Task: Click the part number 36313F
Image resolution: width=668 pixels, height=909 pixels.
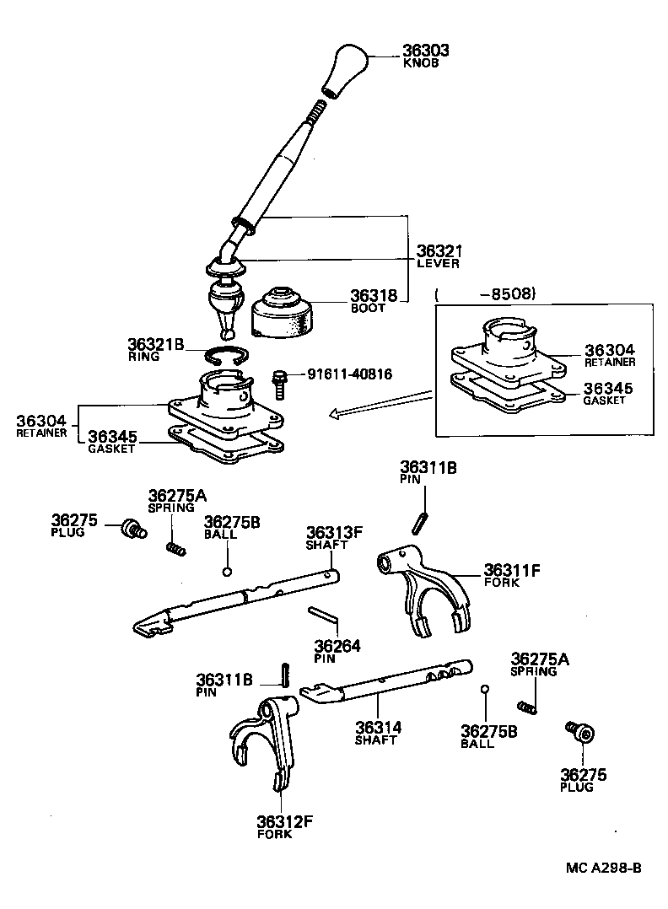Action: point(334,532)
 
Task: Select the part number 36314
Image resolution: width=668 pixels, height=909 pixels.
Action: point(377,727)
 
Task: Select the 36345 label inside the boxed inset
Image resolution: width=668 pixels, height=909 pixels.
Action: point(610,389)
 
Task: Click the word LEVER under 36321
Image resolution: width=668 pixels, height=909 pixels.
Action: point(438,263)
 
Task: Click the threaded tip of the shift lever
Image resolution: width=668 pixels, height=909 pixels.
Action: point(317,110)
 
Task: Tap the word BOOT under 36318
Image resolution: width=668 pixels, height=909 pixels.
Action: point(368,308)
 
